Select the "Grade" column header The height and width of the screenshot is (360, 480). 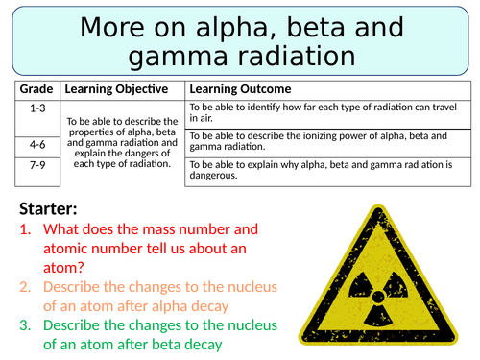pos(37,89)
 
